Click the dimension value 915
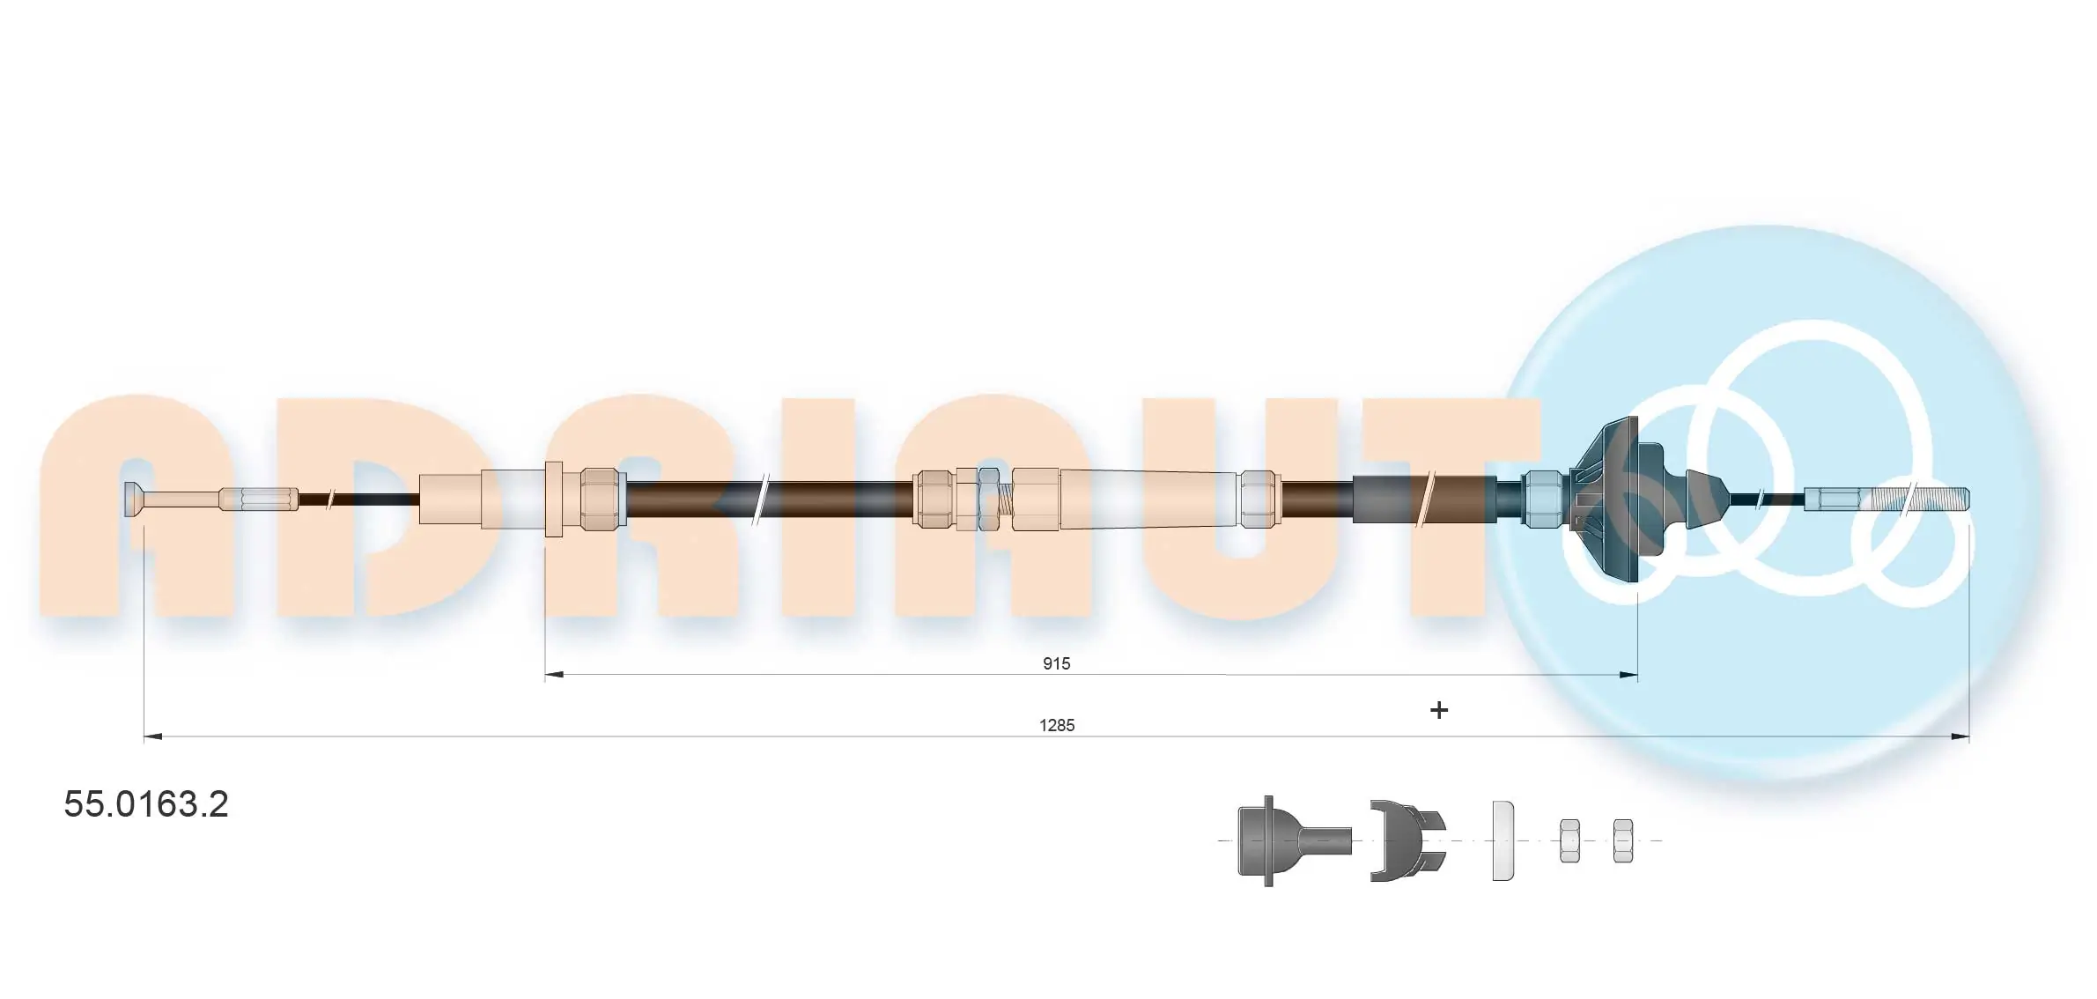tap(1056, 663)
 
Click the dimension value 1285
tap(1057, 725)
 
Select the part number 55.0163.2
tap(146, 803)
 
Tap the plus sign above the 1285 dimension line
tap(1438, 710)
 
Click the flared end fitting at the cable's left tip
tap(135, 499)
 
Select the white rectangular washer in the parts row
tap(1503, 840)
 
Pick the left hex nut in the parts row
tap(1569, 840)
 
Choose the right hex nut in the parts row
tap(1622, 840)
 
